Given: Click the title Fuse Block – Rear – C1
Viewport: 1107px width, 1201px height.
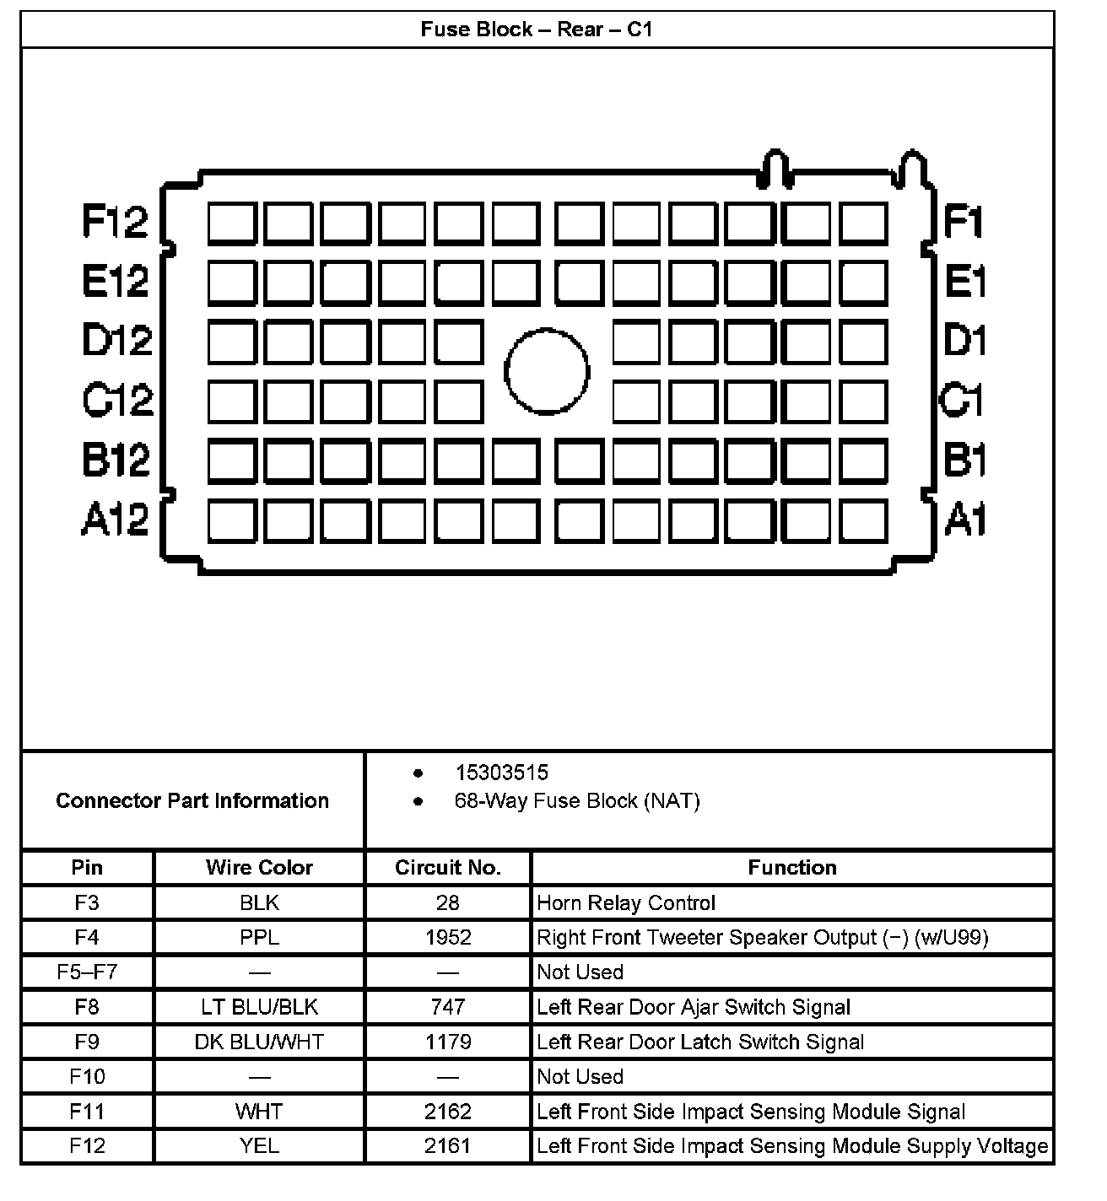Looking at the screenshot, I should click(x=537, y=30).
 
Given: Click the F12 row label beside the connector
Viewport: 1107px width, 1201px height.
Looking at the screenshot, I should click(x=116, y=221).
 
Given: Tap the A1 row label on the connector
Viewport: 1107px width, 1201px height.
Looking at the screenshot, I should click(x=964, y=518).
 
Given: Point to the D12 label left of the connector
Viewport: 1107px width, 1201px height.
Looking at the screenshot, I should click(x=117, y=340).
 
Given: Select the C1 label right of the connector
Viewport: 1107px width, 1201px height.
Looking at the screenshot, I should click(x=962, y=400).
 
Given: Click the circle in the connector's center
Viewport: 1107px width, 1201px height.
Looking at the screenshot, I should click(x=547, y=371).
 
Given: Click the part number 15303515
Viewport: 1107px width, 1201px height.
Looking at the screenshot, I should click(x=501, y=773).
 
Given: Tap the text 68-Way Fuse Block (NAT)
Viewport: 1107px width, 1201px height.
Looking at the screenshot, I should click(x=577, y=800).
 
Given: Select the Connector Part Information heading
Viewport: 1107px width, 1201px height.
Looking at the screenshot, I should click(x=192, y=800).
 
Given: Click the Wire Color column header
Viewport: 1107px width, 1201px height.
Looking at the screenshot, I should click(x=259, y=868).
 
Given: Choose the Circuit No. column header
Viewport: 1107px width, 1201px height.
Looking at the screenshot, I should click(x=448, y=868).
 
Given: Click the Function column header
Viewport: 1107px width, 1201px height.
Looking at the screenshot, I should click(x=791, y=868).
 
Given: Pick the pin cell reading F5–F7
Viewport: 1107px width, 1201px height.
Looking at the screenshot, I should click(x=87, y=972).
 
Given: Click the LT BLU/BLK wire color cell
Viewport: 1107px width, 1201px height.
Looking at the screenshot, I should click(x=259, y=1007).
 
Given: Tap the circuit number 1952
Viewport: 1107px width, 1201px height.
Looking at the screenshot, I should click(x=448, y=938).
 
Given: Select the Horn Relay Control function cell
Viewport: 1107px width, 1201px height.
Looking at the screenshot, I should click(x=626, y=903).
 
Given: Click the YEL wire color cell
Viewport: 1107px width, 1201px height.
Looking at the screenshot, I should click(x=259, y=1146).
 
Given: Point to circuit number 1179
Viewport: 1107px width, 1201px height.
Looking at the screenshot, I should click(x=448, y=1042).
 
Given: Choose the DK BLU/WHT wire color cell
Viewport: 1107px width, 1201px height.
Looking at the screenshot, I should click(x=259, y=1042).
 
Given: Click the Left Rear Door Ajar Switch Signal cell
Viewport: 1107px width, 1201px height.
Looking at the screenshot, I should click(x=694, y=1007).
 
